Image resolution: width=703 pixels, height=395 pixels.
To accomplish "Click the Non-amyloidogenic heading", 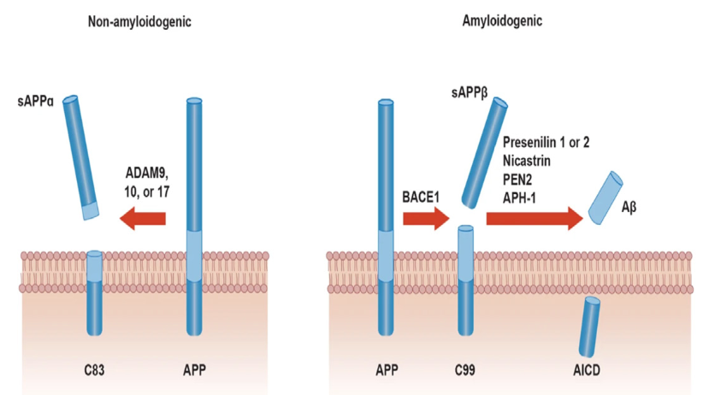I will pyautogui.click(x=139, y=21).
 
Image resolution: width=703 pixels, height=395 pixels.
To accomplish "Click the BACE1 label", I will pyautogui.click(x=422, y=196).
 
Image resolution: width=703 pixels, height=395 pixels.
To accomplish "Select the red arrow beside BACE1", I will pyautogui.click(x=425, y=218).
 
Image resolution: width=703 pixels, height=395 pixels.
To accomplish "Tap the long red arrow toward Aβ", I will pyautogui.click(x=535, y=218).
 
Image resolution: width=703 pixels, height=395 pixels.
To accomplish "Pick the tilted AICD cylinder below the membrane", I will pyautogui.click(x=589, y=325).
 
